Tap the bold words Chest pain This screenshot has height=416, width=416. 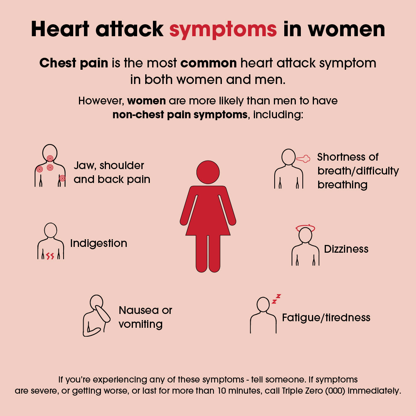(x=74, y=64)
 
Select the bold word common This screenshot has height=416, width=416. (x=208, y=63)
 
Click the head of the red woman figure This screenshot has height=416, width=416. (x=208, y=172)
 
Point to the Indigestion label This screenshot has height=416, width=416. (x=99, y=243)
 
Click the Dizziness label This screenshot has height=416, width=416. (x=346, y=249)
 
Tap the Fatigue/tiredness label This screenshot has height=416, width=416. (x=326, y=318)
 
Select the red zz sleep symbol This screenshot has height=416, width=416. (x=276, y=299)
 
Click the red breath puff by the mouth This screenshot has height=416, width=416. (x=303, y=159)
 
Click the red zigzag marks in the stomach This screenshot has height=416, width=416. (x=50, y=256)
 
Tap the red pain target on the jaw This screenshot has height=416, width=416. (x=50, y=158)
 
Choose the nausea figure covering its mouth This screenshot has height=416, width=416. (x=97, y=316)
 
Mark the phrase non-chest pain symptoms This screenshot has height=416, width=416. (x=180, y=115)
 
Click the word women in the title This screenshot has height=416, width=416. (x=347, y=29)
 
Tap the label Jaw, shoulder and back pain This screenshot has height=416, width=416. (x=112, y=173)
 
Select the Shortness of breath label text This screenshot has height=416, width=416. (x=358, y=171)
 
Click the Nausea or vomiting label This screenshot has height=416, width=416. (x=145, y=317)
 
